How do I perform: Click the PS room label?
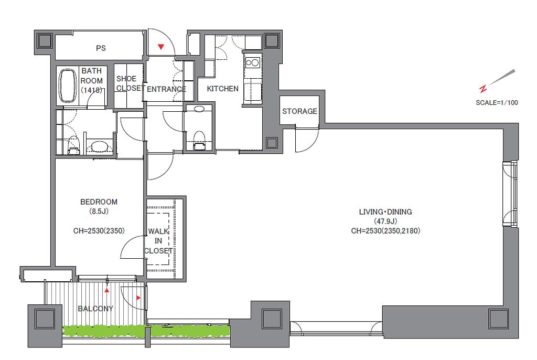pyautogui.click(x=101, y=48)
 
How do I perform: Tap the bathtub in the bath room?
pyautogui.click(x=68, y=86)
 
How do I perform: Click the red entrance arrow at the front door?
pyautogui.click(x=160, y=47)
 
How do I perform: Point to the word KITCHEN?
pyautogui.click(x=222, y=89)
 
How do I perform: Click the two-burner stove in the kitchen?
pyautogui.click(x=253, y=63)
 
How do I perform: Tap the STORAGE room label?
pyautogui.click(x=299, y=111)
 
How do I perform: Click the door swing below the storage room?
pyautogui.click(x=307, y=140)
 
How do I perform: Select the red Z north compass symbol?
pyautogui.click(x=483, y=89)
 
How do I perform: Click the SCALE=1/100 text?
pyautogui.click(x=497, y=102)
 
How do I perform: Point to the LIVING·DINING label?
pyautogui.click(x=385, y=212)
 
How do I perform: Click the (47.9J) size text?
pyautogui.click(x=385, y=221)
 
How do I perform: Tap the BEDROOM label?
pyautogui.click(x=99, y=202)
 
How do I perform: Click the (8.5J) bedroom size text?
pyautogui.click(x=99, y=211)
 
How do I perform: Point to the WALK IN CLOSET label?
pyautogui.click(x=158, y=241)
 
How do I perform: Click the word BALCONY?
pyautogui.click(x=95, y=309)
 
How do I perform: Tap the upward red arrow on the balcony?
pyautogui.click(x=107, y=290)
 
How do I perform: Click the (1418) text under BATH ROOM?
pyautogui.click(x=91, y=90)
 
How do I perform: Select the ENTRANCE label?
pyautogui.click(x=166, y=89)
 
